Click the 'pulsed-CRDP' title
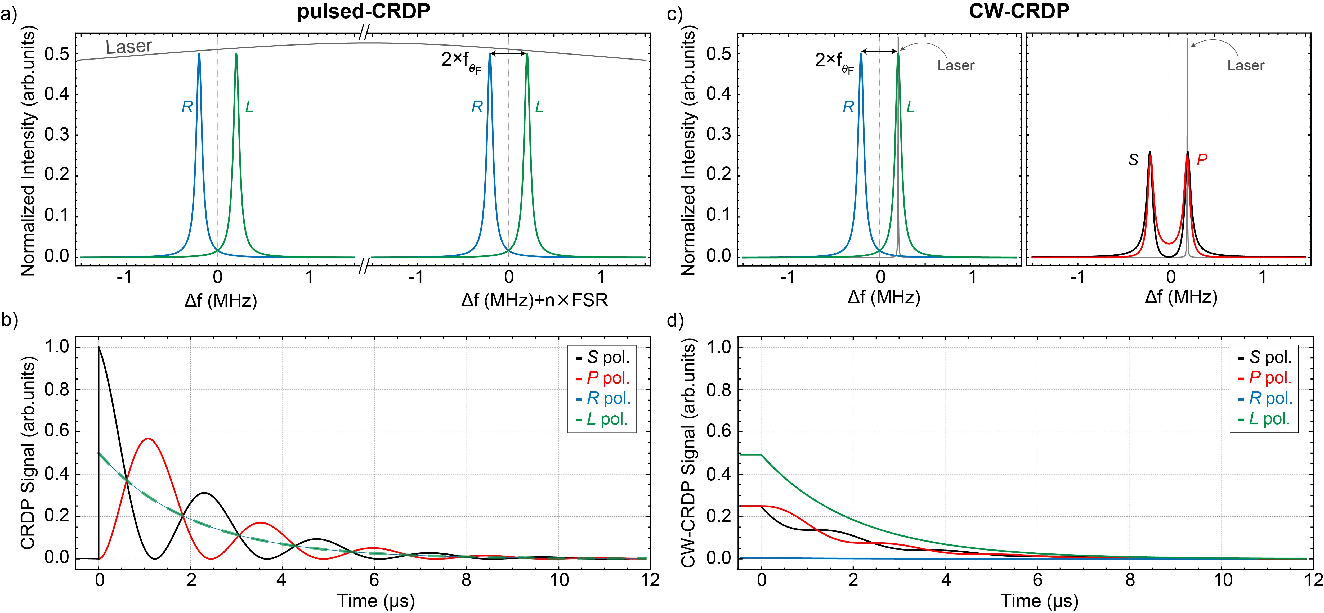point(363,11)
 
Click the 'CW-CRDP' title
point(1019,11)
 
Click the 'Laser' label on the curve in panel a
point(129,47)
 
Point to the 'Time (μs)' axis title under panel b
point(376,600)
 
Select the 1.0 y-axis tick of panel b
point(57,347)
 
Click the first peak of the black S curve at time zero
point(99,348)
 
